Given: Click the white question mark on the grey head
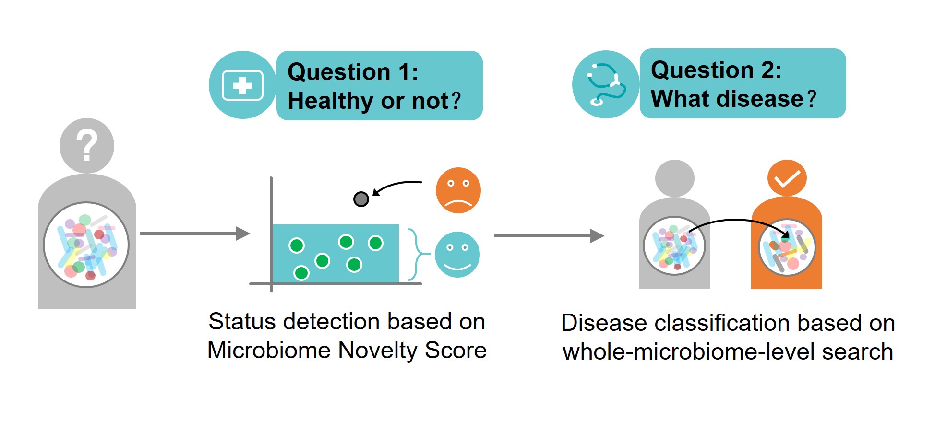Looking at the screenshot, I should tap(87, 145).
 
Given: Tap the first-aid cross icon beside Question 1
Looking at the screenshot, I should tap(242, 86).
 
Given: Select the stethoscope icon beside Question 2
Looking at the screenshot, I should tap(606, 85).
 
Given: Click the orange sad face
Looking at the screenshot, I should tap(458, 190).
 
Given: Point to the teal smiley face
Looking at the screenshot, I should tap(457, 255).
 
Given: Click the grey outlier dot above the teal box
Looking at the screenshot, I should tap(361, 199).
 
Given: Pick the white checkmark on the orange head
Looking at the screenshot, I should tap(787, 179).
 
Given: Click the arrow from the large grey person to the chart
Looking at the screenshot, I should tap(194, 234).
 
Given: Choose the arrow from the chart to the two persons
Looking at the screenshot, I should tap(549, 236).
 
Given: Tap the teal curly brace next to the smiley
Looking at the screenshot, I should tap(416, 254).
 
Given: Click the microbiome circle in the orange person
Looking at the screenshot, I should tap(787, 247).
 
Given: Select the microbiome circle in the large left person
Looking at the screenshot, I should tap(86, 245).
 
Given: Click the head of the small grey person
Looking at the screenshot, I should tap(674, 178).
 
